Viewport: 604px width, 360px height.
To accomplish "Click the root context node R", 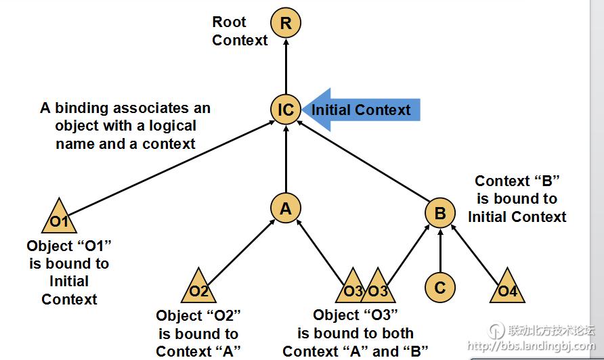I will (x=286, y=23).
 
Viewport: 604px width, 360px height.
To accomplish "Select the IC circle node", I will (x=286, y=109).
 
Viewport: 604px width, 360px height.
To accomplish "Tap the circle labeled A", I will (x=286, y=209).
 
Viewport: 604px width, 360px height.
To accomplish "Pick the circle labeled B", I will (x=440, y=214).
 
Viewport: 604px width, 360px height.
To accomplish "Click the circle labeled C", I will (x=440, y=288).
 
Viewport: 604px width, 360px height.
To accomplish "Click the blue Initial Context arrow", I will (x=362, y=110).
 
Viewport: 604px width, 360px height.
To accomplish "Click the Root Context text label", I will (x=240, y=31).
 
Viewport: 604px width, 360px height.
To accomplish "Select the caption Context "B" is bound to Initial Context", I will (x=517, y=199).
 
